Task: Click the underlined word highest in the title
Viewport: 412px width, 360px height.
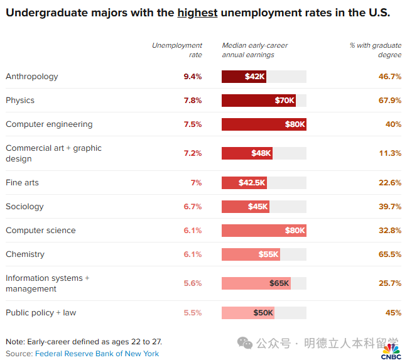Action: (x=197, y=13)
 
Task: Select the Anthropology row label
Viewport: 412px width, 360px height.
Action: (x=32, y=77)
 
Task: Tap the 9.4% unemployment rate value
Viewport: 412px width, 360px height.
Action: (x=192, y=77)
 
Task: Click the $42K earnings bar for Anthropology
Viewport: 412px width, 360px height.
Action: (x=244, y=77)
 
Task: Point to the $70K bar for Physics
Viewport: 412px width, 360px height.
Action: (x=259, y=101)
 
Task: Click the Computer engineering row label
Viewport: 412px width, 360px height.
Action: (x=49, y=124)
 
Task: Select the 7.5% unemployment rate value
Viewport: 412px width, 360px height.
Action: (x=192, y=124)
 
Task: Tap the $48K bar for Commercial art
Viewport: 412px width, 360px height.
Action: (x=247, y=153)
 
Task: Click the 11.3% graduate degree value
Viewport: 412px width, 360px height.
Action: (x=390, y=153)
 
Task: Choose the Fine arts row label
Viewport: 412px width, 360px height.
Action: (x=23, y=183)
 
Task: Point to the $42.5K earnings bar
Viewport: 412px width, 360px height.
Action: (x=244, y=183)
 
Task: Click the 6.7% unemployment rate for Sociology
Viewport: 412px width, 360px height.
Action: (x=192, y=207)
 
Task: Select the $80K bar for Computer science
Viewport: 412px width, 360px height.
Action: (x=264, y=231)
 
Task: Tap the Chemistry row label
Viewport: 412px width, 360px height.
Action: (x=25, y=254)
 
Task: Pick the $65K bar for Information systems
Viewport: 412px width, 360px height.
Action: (x=256, y=283)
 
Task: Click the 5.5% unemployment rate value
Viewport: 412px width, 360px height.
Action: (x=192, y=313)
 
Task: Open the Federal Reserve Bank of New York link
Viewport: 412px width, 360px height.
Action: (x=97, y=354)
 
